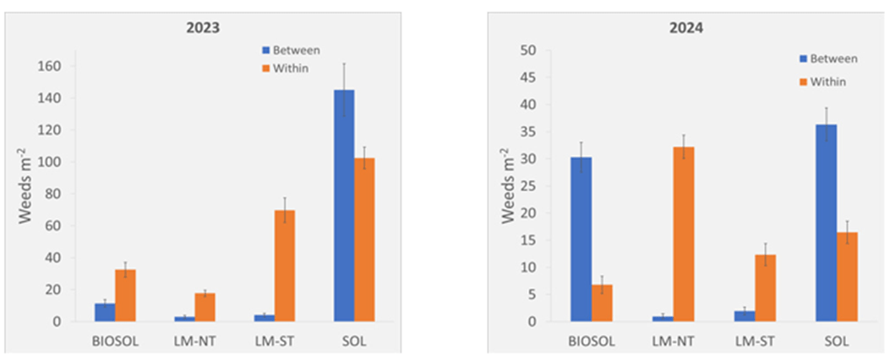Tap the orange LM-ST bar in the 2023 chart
[x=285, y=265]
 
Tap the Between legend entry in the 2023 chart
[x=289, y=51]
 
